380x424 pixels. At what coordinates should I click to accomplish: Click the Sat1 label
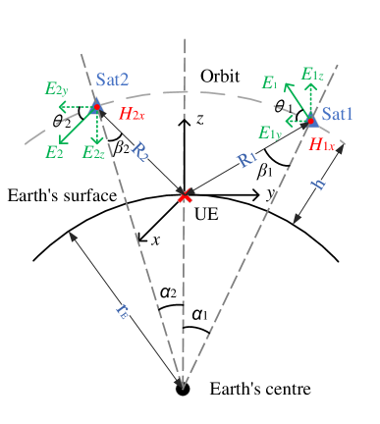[x=339, y=116]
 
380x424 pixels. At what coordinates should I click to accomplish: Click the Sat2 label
[x=112, y=79]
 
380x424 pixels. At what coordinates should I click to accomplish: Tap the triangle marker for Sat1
[x=311, y=119]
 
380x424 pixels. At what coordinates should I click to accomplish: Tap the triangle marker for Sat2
[x=95, y=107]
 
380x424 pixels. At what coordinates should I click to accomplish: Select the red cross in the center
[x=184, y=196]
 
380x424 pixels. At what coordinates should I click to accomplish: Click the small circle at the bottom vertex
[x=183, y=389]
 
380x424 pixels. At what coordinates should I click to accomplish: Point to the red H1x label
[x=322, y=144]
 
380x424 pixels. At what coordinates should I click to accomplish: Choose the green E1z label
[x=313, y=75]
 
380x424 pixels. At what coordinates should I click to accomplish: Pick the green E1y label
[x=270, y=132]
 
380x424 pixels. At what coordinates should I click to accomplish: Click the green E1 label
[x=270, y=83]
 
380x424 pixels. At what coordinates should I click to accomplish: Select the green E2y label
[x=56, y=88]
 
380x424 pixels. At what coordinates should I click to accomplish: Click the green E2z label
[x=94, y=152]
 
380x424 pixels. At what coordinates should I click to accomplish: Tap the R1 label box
[x=247, y=157]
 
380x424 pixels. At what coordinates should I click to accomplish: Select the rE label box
[x=122, y=311]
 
